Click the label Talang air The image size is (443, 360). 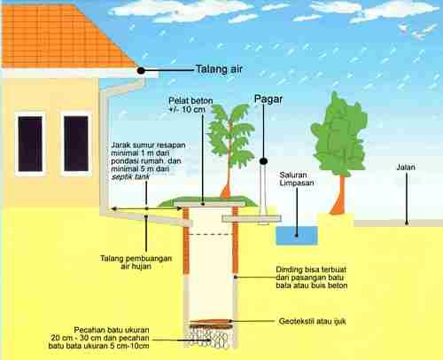tap(219, 69)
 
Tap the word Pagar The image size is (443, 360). tap(268, 99)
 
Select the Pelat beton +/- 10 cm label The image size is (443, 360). tap(190, 105)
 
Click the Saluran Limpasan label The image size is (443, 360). tap(297, 179)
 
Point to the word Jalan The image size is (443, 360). tap(406, 168)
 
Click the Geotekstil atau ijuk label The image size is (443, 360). tap(312, 321)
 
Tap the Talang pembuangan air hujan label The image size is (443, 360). tap(136, 262)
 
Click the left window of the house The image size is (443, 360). tap(30, 144)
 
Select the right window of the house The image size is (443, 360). tap(76, 144)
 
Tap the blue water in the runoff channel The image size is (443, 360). tap(297, 236)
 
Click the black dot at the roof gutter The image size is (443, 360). tap(141, 71)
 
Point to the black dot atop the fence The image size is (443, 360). tap(263, 161)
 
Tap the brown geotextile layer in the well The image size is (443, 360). tap(210, 322)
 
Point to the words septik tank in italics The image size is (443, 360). tap(130, 176)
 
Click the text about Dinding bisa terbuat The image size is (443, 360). tap(311, 278)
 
